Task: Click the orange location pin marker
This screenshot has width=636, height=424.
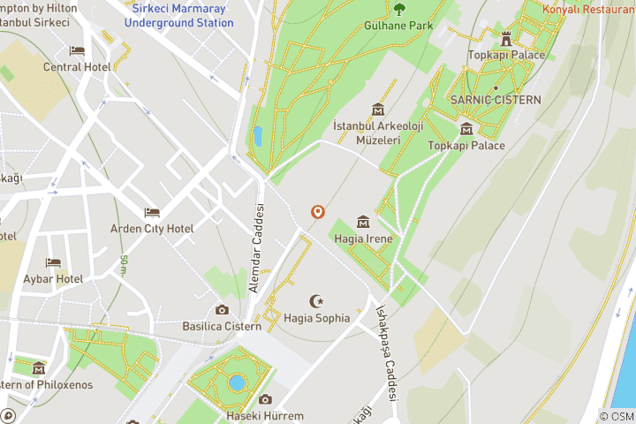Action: click(317, 212)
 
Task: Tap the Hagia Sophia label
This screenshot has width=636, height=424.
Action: click(317, 318)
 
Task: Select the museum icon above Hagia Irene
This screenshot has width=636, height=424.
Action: click(362, 222)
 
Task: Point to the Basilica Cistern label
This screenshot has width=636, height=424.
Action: click(222, 326)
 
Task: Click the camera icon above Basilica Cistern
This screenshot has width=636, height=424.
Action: click(222, 310)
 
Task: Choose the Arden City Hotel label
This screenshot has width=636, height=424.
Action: click(152, 229)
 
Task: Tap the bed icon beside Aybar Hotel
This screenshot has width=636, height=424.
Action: click(54, 263)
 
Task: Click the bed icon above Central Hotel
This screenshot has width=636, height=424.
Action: click(77, 51)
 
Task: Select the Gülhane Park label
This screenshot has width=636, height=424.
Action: click(398, 26)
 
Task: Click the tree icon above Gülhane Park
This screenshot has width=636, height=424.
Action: click(399, 10)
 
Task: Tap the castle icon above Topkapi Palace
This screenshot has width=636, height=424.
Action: click(506, 39)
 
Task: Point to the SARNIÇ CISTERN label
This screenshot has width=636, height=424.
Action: click(495, 100)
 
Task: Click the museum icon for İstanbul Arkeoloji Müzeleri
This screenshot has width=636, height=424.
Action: click(378, 110)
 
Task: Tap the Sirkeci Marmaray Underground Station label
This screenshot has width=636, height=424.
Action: click(178, 15)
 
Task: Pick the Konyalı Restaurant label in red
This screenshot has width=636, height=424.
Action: click(588, 10)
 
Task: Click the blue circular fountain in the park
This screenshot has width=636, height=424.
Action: click(236, 382)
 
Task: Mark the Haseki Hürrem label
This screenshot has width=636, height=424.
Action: click(265, 416)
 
